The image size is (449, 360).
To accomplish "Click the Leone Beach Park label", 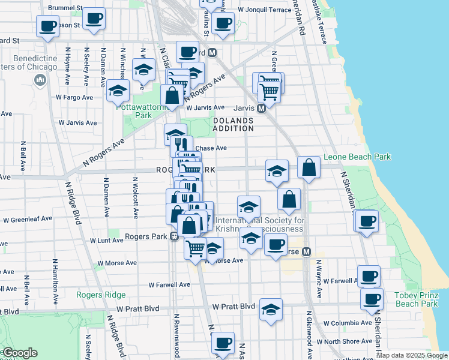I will [x=357, y=157].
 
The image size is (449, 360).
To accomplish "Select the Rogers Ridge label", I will [x=101, y=295].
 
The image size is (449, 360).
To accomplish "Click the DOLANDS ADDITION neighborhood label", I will [x=233, y=125].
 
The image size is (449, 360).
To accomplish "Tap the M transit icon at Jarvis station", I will [x=261, y=109].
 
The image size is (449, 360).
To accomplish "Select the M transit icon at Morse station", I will [x=306, y=251].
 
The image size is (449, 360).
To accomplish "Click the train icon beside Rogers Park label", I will [x=173, y=236].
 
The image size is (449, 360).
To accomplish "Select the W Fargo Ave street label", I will [x=74, y=97].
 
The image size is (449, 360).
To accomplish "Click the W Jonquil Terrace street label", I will [x=264, y=11].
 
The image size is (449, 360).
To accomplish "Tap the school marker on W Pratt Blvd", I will [x=271, y=310].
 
